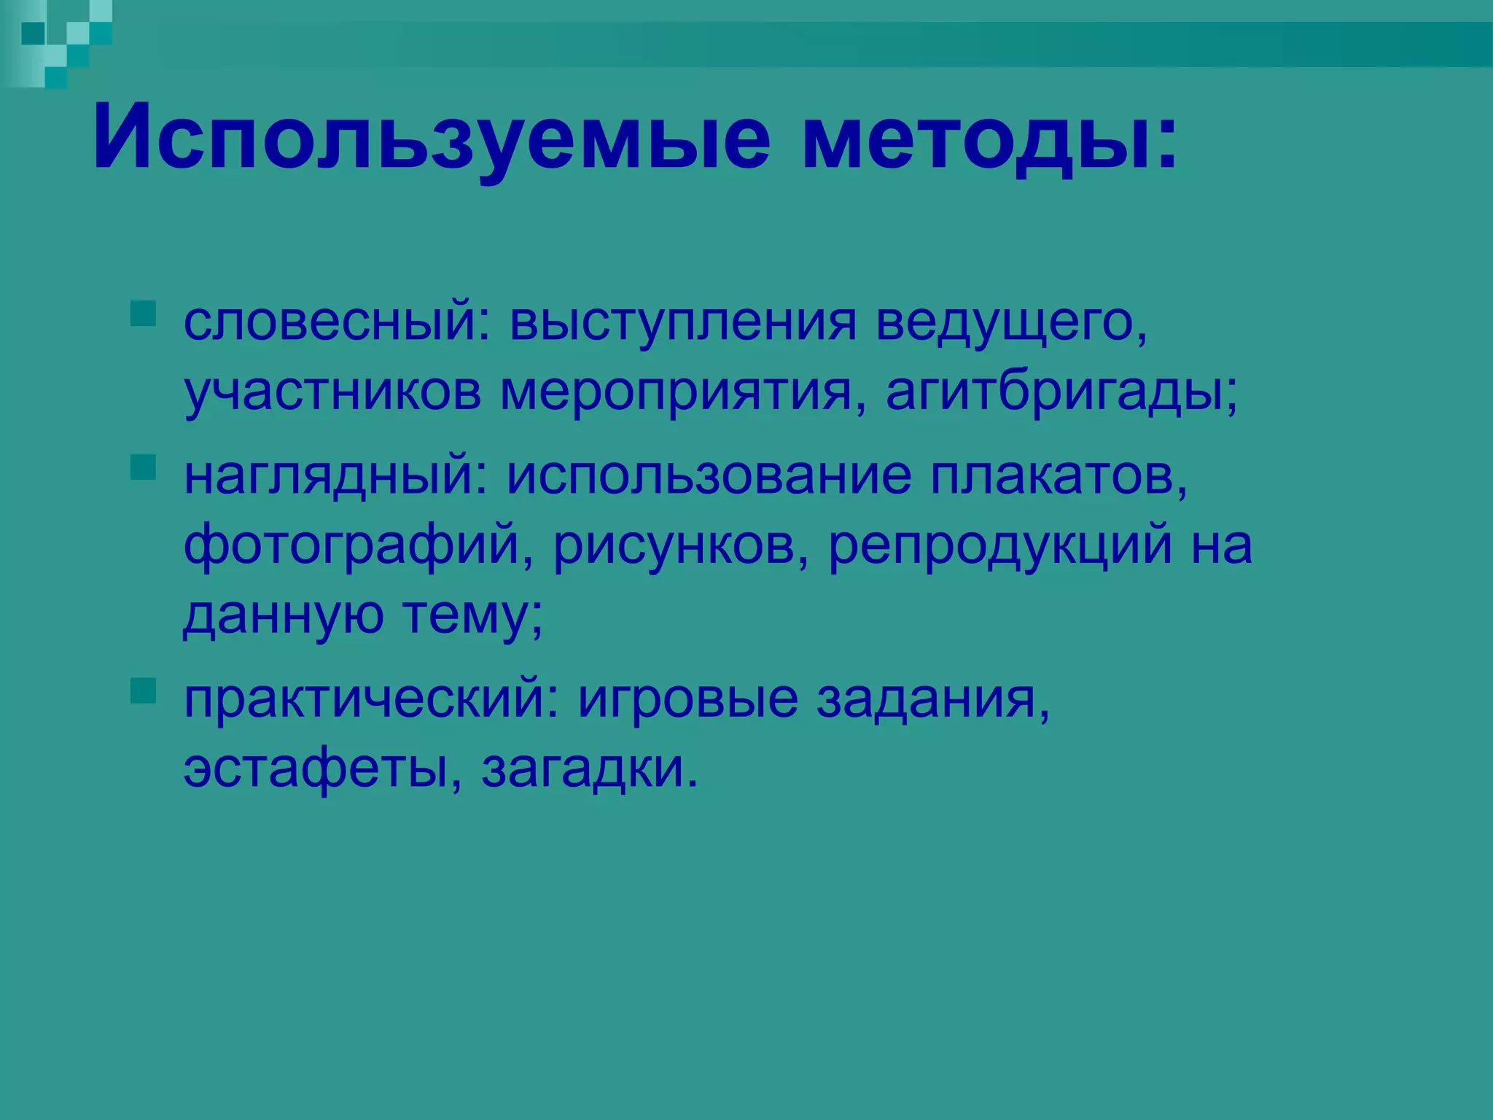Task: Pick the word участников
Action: [332, 394]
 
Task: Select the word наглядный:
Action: [335, 475]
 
